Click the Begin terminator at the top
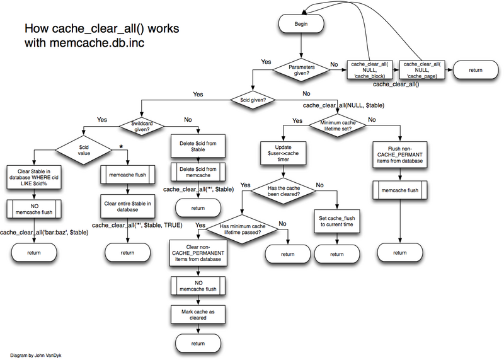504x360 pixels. [x=301, y=25]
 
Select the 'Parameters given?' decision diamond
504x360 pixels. [x=301, y=69]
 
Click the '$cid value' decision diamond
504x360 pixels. [x=85, y=151]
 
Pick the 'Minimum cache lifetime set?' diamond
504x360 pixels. [x=337, y=126]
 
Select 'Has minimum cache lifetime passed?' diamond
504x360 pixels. [x=248, y=229]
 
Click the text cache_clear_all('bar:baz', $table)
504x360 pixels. [x=44, y=233]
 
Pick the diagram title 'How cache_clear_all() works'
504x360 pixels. [x=85, y=30]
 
